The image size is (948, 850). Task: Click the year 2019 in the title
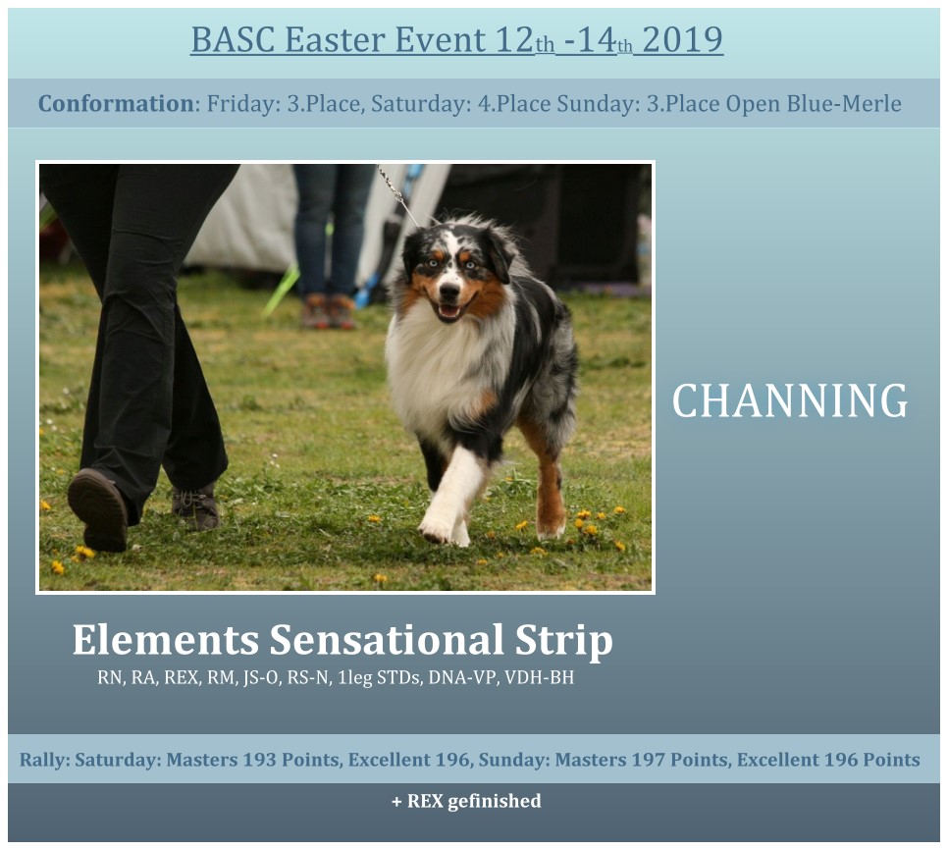683,40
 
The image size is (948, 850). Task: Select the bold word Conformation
116,104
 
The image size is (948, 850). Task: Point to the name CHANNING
790,400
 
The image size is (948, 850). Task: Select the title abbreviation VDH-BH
539,677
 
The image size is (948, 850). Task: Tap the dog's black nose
449,291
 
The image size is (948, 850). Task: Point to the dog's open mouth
449,311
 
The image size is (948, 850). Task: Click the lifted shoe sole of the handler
97,509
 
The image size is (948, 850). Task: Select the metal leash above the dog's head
397,194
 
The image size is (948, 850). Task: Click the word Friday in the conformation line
242,104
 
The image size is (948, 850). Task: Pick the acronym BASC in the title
233,40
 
